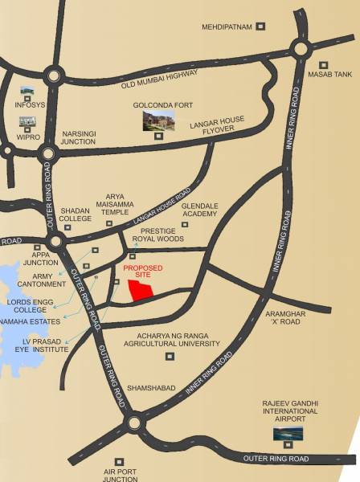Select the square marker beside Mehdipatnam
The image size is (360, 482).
[260, 27]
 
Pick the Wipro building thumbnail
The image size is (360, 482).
[27, 123]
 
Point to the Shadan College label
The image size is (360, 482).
[75, 213]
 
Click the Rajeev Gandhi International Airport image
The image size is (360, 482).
[288, 435]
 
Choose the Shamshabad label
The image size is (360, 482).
[151, 388]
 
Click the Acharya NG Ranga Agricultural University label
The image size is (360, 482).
[171, 338]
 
